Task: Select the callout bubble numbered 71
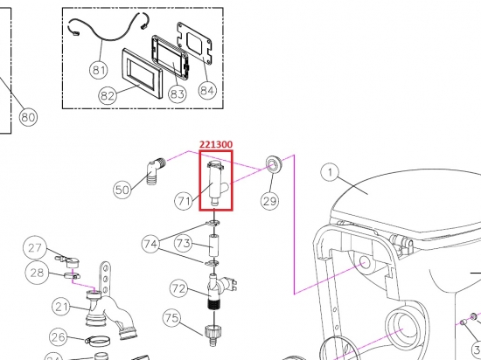pyautogui.click(x=184, y=202)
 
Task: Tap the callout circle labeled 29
pyautogui.click(x=269, y=202)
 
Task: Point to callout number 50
pyautogui.click(x=122, y=188)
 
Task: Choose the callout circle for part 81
pyautogui.click(x=97, y=70)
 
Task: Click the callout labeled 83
pyautogui.click(x=178, y=94)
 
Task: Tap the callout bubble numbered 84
pyautogui.click(x=207, y=89)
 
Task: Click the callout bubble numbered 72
pyautogui.click(x=178, y=287)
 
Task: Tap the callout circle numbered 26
pyautogui.click(x=59, y=337)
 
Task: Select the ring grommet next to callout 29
pyautogui.click(x=272, y=164)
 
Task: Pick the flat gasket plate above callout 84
pyautogui.click(x=196, y=43)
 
